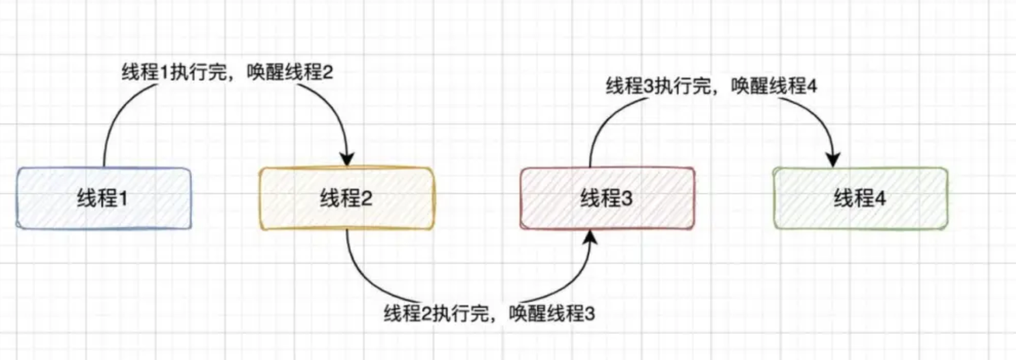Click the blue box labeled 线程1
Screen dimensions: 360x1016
tap(104, 198)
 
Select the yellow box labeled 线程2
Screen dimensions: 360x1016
tap(346, 198)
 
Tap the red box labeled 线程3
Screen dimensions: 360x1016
tap(607, 198)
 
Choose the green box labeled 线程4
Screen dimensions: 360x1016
tap(860, 198)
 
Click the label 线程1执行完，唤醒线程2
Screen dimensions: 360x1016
tap(227, 72)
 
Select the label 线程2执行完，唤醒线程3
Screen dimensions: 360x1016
tap(489, 314)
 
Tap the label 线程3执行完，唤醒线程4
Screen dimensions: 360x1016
tap(711, 87)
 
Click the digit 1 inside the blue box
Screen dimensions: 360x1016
tap(124, 199)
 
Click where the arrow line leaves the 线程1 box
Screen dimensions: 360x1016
tap(104, 166)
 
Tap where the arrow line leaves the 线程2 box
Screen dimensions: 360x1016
tap(347, 230)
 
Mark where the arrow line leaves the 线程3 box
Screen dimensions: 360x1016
tap(590, 166)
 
